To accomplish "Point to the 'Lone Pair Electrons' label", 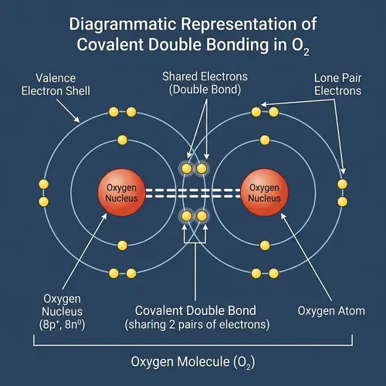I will click(x=338, y=84).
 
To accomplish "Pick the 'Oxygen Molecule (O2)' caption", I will click(x=193, y=362).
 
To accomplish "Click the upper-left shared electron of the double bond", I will click(x=185, y=168).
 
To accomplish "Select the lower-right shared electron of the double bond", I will click(x=202, y=216).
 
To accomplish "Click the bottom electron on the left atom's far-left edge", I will click(x=43, y=201).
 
